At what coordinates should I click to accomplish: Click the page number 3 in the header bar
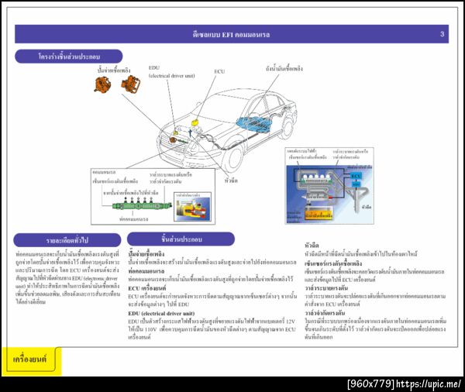click(x=443, y=34)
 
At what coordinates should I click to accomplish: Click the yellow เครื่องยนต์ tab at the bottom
click(x=29, y=359)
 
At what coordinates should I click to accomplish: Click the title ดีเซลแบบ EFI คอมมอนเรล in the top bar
click(x=232, y=35)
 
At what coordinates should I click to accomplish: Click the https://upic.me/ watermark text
click(x=430, y=383)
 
